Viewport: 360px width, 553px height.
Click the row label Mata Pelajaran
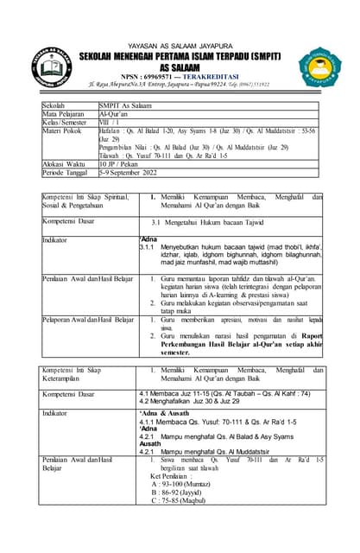pos(65,113)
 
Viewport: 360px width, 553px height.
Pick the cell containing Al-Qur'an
pos(113,113)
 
